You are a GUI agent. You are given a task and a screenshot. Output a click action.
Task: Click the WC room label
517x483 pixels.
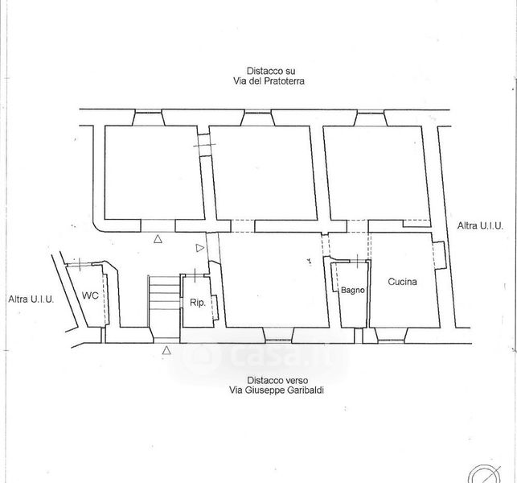90,295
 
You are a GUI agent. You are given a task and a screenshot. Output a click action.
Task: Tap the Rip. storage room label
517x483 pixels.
198,303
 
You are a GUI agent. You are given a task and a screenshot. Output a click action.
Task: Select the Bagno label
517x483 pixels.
353,290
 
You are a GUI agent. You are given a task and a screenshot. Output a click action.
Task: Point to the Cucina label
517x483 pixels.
402,282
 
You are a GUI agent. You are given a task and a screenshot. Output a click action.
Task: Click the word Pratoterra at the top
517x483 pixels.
282,81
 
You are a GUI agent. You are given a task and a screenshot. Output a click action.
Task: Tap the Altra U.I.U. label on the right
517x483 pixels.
480,226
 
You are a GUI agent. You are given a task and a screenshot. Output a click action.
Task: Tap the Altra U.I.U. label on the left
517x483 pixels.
31,299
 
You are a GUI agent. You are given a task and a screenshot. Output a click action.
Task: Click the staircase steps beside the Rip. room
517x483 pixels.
164,294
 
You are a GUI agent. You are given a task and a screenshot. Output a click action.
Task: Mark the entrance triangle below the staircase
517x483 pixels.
166,350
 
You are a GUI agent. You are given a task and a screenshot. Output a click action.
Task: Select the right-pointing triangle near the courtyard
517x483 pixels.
200,248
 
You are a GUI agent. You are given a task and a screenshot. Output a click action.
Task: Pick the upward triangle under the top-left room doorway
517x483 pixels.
158,239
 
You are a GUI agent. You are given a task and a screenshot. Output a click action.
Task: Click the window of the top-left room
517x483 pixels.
149,112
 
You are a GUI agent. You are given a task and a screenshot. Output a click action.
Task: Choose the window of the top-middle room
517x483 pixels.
258,112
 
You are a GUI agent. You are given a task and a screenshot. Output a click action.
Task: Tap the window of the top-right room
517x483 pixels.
371,112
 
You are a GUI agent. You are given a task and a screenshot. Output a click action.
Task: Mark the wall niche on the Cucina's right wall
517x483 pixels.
440,255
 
